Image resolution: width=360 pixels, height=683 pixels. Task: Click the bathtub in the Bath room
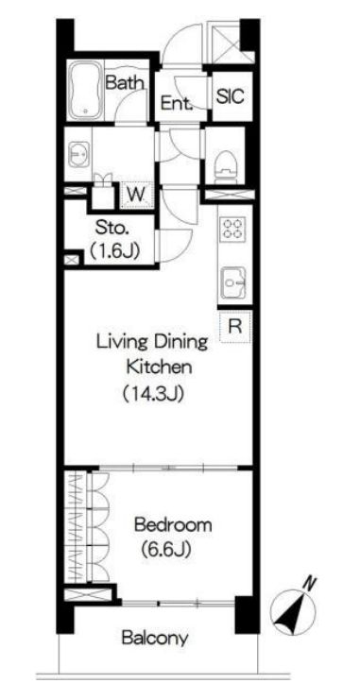click(86, 90)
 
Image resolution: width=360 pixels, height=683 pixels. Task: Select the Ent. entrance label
click(177, 104)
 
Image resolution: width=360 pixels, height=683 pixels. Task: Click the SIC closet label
click(231, 95)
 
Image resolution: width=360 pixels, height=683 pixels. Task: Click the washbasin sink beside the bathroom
click(79, 154)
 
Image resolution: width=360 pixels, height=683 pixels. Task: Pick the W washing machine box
click(137, 195)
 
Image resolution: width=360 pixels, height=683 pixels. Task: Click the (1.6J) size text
click(113, 251)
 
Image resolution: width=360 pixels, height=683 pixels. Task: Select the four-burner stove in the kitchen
click(232, 229)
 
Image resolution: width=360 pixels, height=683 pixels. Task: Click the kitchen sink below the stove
click(233, 283)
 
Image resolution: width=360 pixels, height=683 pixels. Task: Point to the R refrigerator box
click(235, 326)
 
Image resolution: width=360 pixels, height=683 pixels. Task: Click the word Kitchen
click(159, 367)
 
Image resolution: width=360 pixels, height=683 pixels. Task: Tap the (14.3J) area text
click(152, 394)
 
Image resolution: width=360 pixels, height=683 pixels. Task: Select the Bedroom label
click(173, 524)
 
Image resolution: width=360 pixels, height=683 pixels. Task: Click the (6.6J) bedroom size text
click(166, 550)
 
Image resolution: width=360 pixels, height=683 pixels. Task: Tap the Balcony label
click(155, 639)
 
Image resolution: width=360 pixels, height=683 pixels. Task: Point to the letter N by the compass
click(309, 582)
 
